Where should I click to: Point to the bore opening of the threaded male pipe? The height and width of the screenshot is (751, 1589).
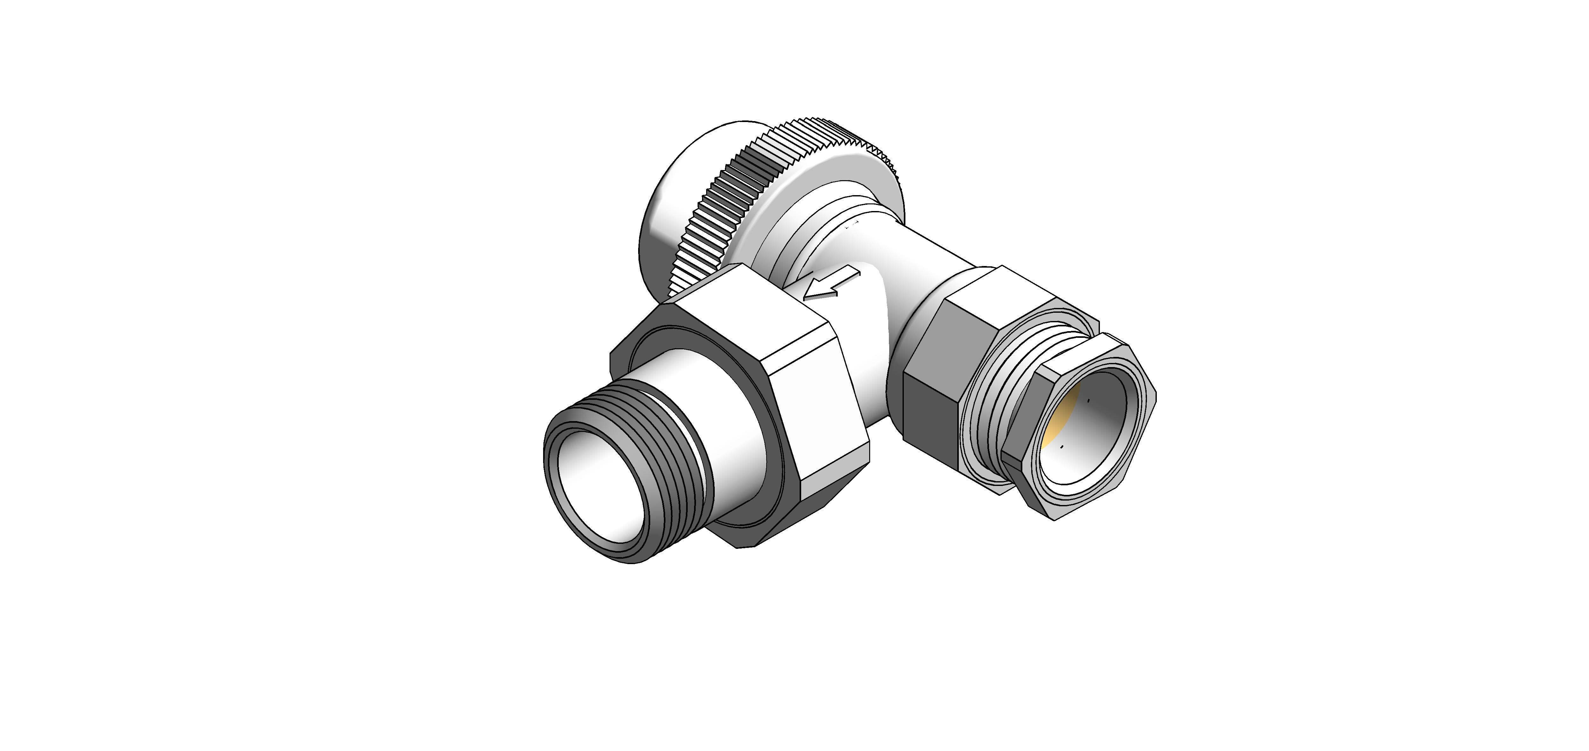pyautogui.click(x=592, y=488)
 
